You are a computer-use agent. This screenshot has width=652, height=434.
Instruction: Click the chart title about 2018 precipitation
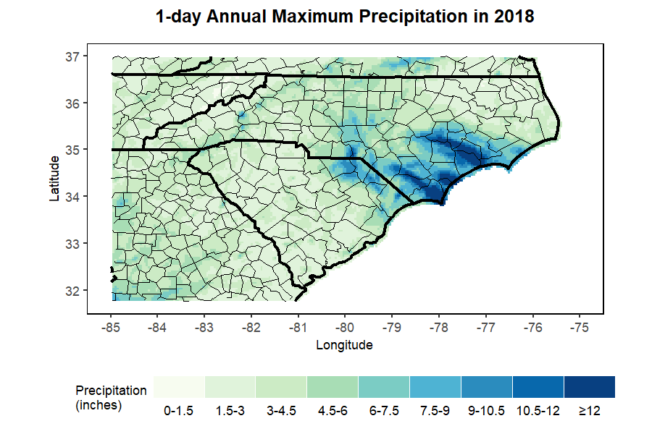(346, 17)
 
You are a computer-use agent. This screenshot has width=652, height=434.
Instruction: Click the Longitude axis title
(344, 345)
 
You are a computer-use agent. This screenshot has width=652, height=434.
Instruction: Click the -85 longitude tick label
(111, 327)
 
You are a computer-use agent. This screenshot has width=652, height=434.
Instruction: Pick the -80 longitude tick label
(345, 327)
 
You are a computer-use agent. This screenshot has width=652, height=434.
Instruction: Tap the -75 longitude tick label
(579, 327)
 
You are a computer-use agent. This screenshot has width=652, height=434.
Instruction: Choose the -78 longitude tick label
(438, 327)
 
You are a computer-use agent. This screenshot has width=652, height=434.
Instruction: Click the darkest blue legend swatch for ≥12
(589, 387)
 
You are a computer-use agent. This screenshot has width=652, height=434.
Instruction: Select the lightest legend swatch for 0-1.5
(179, 387)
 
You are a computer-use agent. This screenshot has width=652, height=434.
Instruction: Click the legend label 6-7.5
(384, 411)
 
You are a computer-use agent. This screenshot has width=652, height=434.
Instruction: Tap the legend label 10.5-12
(538, 411)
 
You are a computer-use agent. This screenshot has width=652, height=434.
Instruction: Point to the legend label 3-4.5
(281, 411)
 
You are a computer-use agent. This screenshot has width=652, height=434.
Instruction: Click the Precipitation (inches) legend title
(111, 398)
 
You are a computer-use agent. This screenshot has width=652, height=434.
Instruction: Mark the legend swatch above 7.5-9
(435, 387)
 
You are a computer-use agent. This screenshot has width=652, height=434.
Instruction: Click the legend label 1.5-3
(230, 411)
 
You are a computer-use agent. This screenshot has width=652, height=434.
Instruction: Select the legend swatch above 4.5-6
(333, 387)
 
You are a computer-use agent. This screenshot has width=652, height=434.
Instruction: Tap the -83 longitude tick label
(204, 327)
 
